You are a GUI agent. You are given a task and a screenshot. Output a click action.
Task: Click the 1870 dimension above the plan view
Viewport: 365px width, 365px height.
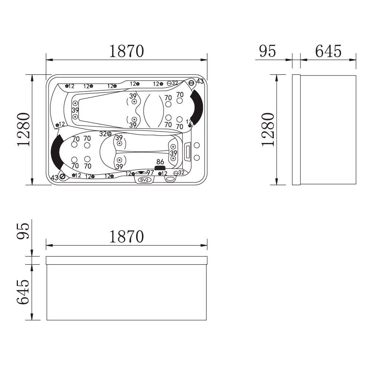126,52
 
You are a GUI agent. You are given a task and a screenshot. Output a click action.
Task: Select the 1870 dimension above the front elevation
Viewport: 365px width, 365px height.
126,237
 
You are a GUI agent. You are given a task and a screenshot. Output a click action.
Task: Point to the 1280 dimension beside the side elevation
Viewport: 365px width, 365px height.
268,130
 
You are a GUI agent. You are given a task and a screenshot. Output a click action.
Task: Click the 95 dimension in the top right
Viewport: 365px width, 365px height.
267,51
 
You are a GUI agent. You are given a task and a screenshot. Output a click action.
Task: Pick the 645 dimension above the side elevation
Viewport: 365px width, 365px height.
328,51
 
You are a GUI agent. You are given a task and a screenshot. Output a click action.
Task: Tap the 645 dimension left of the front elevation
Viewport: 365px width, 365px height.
23,292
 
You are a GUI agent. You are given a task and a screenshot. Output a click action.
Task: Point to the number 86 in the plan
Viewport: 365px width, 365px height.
160,162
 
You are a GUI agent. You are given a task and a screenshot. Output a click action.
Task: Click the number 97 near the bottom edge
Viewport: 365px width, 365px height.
150,173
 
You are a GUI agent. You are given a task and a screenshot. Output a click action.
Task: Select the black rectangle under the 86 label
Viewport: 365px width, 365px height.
160,168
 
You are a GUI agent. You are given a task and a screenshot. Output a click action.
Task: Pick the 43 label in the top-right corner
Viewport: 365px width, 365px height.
200,81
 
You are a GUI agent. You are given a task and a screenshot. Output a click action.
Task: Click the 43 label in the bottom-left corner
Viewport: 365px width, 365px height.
54,178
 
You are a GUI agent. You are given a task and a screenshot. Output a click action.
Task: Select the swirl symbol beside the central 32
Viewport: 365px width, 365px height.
109,134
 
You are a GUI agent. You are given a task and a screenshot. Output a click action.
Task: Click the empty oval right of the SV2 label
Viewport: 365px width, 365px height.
170,179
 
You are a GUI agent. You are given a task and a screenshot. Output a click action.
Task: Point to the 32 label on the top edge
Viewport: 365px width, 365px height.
175,83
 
